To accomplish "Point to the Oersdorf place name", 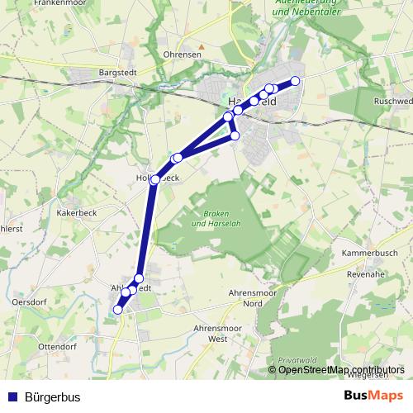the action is point(29,302).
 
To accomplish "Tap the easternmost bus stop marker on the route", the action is point(295,80).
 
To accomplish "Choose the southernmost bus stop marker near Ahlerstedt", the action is point(117,310).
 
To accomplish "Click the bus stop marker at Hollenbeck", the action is point(154,179).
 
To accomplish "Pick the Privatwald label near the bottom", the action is point(297,361).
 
